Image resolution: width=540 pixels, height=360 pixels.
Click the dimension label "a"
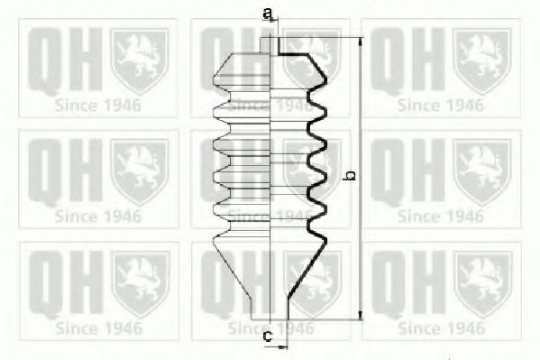tap(267, 14)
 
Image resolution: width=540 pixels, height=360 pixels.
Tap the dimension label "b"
tap(350, 175)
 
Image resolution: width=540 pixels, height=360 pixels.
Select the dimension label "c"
tap(268, 336)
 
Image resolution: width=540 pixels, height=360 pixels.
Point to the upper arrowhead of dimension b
tap(361, 42)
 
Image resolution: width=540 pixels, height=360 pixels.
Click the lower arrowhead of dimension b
tap(361, 315)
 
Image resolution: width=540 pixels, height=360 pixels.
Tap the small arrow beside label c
tap(282, 347)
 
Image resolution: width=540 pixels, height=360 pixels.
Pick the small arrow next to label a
tap(273, 21)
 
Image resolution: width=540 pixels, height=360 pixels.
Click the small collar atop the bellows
tap(270, 45)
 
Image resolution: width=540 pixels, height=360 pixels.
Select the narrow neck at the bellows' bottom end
tap(270, 309)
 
